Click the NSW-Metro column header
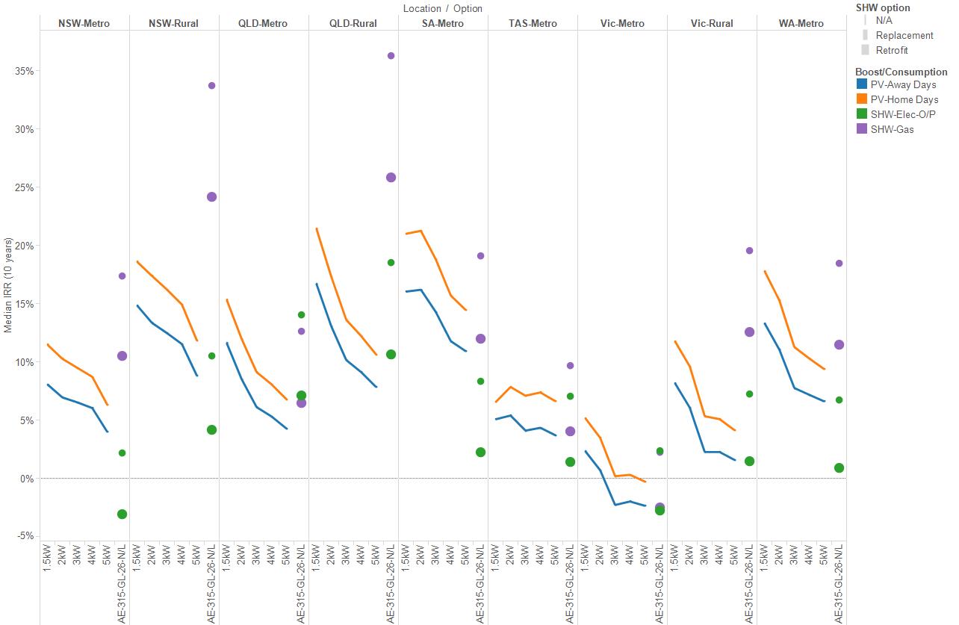coord(84,23)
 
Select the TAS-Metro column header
coord(533,23)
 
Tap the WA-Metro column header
coord(801,23)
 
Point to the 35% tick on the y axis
coord(25,72)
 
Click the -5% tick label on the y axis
coord(25,536)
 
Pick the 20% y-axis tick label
coord(25,246)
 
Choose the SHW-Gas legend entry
coord(892,129)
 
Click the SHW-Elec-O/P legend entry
coord(902,114)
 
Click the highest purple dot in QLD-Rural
coord(391,55)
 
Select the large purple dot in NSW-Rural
coord(211,197)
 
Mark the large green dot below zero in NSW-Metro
coord(122,514)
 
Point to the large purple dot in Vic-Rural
coord(749,332)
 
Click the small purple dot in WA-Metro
coord(839,263)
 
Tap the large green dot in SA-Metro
coord(480,453)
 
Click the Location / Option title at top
coord(442,8)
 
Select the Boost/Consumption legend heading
coord(901,72)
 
